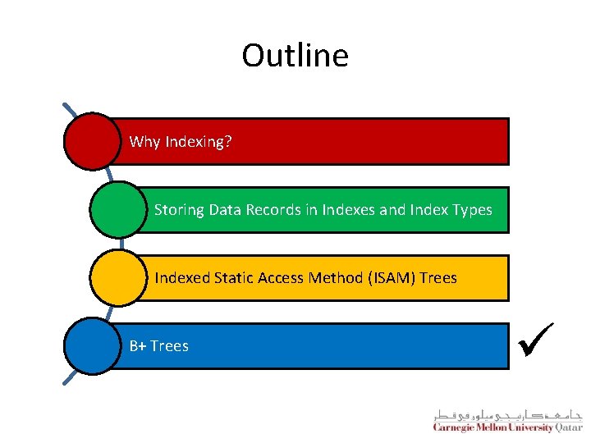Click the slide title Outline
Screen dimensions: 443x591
pyautogui.click(x=295, y=56)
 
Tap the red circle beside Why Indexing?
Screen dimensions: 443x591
pyautogui.click(x=92, y=141)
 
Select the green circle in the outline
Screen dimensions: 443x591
pyautogui.click(x=117, y=209)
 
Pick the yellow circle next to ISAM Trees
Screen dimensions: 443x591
pyautogui.click(x=117, y=277)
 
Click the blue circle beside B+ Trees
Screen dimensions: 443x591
pyautogui.click(x=92, y=345)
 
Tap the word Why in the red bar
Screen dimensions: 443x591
pyautogui.click(x=144, y=142)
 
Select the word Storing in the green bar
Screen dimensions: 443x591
pyautogui.click(x=180, y=210)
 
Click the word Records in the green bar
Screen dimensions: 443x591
pyautogui.click(x=274, y=210)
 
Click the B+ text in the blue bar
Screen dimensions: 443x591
pyautogui.click(x=138, y=346)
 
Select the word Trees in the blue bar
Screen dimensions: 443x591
pyautogui.click(x=170, y=346)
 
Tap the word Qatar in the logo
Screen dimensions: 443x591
pyautogui.click(x=569, y=427)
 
